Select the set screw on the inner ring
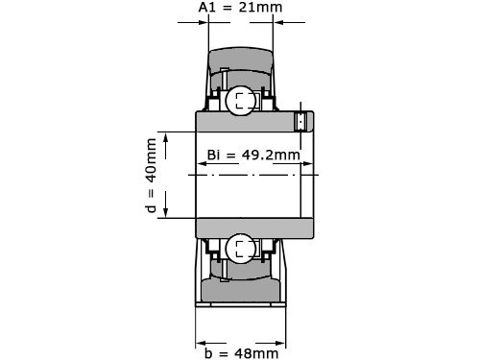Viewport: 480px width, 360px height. (300, 122)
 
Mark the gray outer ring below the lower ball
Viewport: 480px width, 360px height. (240, 287)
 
